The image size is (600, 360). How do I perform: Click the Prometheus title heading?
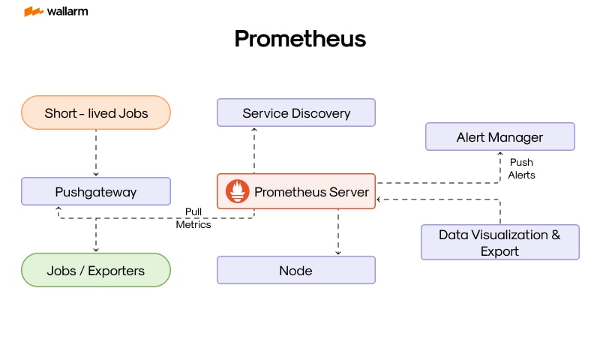tap(300, 38)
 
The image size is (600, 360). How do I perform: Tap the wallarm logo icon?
tap(33, 11)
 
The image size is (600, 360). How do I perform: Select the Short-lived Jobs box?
tap(96, 113)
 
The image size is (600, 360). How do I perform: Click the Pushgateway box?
tap(96, 192)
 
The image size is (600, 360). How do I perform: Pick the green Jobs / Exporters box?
tap(96, 270)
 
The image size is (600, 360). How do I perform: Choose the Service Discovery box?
tap(296, 113)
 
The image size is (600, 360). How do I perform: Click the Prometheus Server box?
tap(296, 192)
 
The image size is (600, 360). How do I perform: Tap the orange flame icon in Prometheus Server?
tap(238, 192)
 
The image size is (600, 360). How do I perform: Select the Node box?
tap(296, 270)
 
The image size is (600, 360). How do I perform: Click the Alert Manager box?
tap(499, 137)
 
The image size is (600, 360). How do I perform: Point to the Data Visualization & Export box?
tap(499, 242)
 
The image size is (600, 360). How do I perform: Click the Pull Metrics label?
tap(193, 218)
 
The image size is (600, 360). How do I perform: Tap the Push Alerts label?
tap(521, 169)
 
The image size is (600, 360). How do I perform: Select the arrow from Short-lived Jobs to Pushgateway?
tap(96, 153)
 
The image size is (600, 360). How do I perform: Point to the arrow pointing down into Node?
tap(338, 232)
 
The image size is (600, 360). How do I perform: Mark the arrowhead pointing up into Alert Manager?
tap(500, 154)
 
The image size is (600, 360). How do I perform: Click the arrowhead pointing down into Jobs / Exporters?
tap(96, 249)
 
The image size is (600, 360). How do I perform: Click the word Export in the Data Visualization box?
tap(499, 251)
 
